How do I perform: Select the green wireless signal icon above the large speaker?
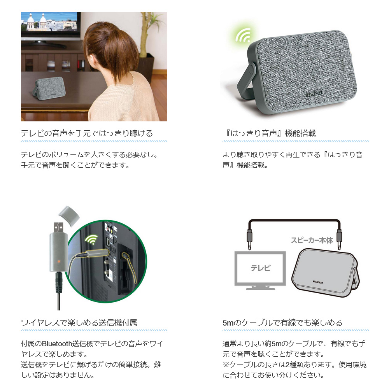tap(244, 35)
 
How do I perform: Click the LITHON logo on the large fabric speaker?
tap(314, 94)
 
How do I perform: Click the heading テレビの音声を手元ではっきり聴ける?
tap(87, 133)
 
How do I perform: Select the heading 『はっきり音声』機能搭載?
tap(270, 133)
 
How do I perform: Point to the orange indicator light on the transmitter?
tap(59, 261)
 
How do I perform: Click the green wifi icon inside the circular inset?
tap(91, 240)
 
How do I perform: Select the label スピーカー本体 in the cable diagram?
tap(312, 240)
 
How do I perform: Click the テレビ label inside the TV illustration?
tap(260, 268)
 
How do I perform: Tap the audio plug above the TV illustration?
tap(250, 239)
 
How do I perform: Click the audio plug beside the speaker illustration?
tap(339, 239)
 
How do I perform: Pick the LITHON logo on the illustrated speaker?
tap(318, 282)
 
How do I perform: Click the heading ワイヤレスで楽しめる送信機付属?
tap(79, 322)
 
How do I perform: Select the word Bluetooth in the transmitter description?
tap(57, 343)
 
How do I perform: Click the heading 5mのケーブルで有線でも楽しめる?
tap(282, 322)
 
